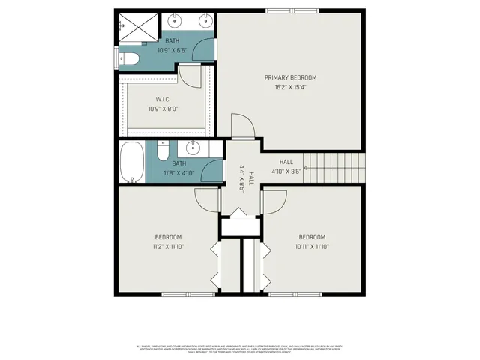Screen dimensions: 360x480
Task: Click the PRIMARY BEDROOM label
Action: [x=290, y=77]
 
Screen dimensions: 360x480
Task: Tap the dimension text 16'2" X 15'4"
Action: [x=290, y=87]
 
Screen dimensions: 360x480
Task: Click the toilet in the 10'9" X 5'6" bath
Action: [x=129, y=58]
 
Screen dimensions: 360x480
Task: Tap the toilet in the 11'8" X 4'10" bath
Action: [x=162, y=151]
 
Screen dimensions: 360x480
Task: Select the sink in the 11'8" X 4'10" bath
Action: [x=193, y=146]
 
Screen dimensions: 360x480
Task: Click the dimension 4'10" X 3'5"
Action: [x=286, y=171]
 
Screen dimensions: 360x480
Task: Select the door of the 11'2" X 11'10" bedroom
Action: [x=206, y=199]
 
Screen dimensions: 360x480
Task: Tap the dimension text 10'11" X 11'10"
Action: [x=312, y=246]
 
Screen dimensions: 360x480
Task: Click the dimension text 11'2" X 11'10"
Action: [x=168, y=246]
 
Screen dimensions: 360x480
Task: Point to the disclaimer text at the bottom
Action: [x=240, y=349]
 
